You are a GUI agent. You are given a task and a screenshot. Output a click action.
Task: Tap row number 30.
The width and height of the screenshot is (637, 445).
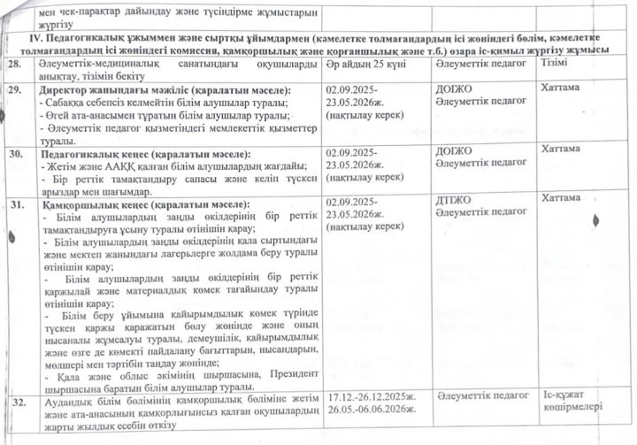(15, 153)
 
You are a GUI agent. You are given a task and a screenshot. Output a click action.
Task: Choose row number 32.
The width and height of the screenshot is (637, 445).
(16, 403)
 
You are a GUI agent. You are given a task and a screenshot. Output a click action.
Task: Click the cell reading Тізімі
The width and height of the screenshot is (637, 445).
(555, 64)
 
